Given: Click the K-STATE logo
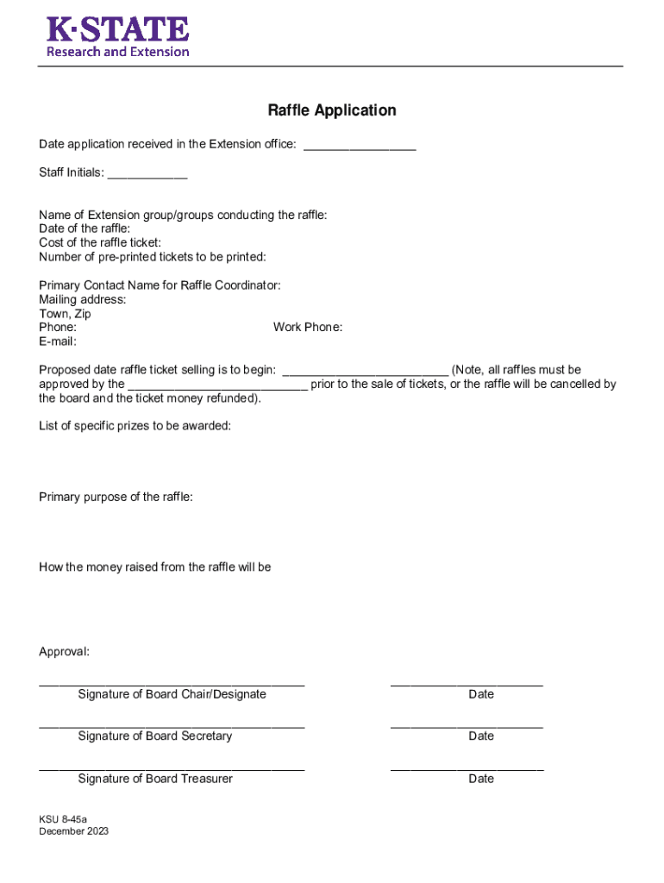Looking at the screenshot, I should pos(117,37).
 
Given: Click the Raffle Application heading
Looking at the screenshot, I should pos(331,110).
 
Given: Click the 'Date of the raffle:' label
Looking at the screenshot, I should pos(85,229).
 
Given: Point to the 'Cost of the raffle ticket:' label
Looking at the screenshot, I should pos(100,242).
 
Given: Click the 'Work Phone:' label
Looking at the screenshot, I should pos(308,328).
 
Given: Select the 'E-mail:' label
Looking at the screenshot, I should pos(58,341).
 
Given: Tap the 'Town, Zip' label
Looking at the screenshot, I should pos(65,314).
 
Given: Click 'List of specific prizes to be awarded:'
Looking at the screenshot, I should pos(135,426).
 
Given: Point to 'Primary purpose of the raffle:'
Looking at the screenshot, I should pos(116,497).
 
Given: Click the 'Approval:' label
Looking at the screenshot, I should pos(64,652).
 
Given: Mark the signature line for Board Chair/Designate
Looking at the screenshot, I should pos(172,684).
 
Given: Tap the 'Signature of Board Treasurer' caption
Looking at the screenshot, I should pos(155,779).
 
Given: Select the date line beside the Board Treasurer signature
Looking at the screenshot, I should pos(467,767).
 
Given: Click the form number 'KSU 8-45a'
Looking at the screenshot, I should pos(63,817).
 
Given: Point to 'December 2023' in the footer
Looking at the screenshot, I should pos(73,831).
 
